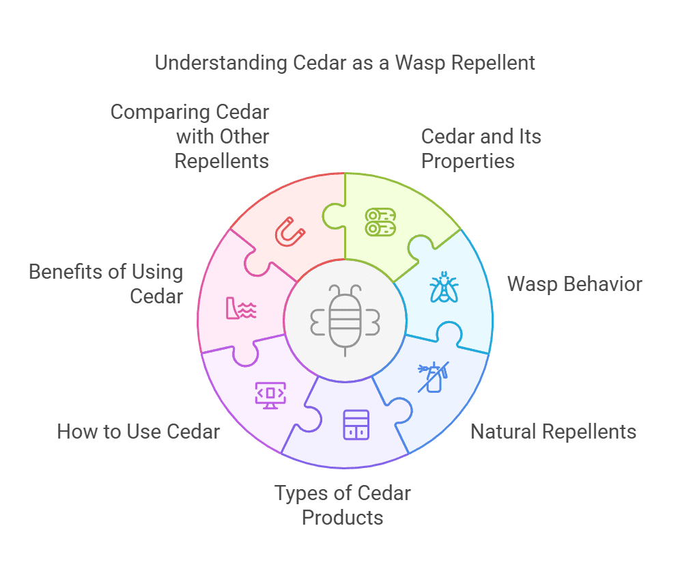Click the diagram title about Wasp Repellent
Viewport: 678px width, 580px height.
[x=345, y=63]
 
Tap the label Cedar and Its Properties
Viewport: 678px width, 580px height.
[x=481, y=148]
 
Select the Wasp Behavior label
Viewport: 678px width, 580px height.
[x=574, y=284]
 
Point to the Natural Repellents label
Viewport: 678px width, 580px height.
[x=553, y=432]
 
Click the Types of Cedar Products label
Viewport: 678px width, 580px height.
[x=343, y=505]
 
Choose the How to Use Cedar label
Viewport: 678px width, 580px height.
[x=139, y=432]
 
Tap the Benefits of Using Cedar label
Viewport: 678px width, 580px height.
[x=106, y=284]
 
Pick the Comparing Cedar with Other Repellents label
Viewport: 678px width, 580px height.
[x=190, y=136]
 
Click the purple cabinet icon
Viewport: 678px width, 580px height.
[x=356, y=424]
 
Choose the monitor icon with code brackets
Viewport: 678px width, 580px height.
[x=270, y=394]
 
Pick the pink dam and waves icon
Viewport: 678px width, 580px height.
[x=241, y=309]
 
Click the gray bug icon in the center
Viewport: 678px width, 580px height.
[x=345, y=319]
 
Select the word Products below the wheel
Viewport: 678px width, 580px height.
[x=343, y=517]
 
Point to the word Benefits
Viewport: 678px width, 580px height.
[x=66, y=272]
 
